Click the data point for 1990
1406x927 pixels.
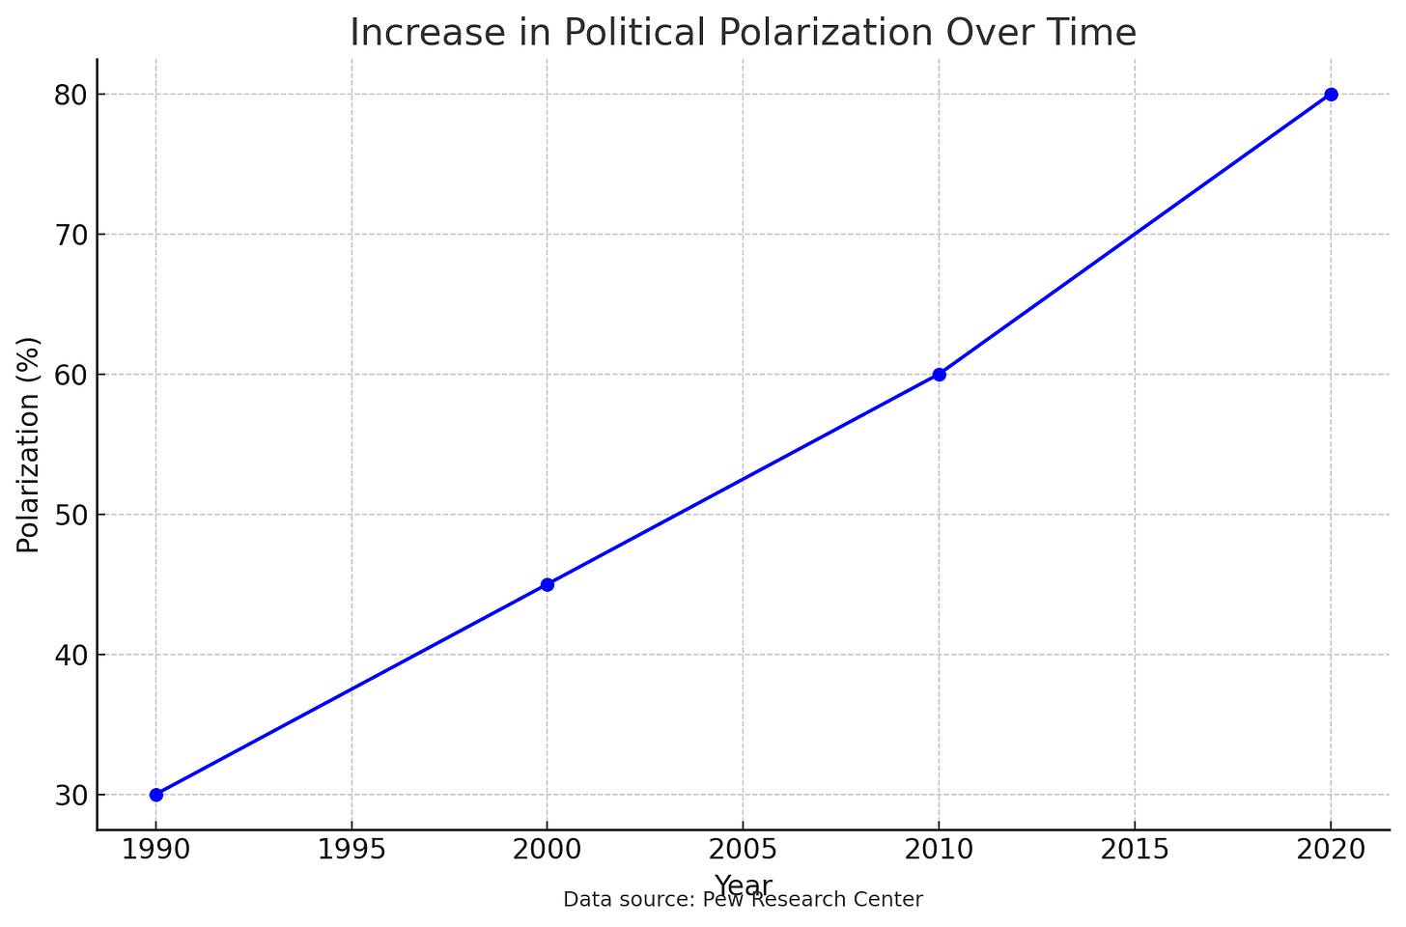156,795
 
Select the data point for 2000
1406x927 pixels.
548,584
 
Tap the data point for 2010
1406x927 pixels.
939,375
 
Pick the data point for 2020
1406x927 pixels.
1331,95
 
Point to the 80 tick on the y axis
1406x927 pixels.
71,96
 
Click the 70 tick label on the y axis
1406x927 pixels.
71,236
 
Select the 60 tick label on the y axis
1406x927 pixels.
71,376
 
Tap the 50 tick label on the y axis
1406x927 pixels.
71,516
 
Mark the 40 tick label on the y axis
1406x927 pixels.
71,656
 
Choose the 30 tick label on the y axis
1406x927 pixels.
71,796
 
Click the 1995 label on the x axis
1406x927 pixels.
351,850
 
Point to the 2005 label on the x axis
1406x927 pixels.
744,850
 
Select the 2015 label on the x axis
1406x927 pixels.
1135,850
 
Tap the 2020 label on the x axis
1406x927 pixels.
1331,850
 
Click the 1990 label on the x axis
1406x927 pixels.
156,850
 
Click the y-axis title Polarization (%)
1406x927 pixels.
28,445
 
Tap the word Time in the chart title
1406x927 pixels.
1097,32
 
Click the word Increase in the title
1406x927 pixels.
428,32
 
